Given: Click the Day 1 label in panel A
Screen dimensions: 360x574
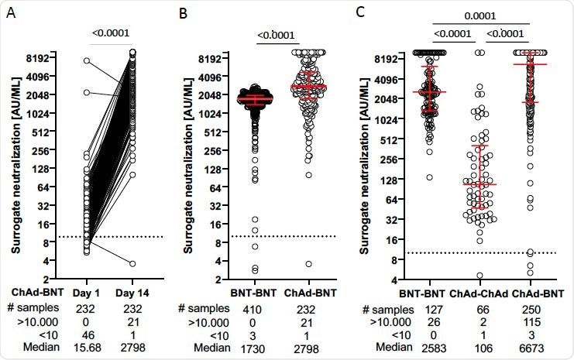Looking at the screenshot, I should (84, 295).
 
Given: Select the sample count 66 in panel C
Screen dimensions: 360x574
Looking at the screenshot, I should (464, 309).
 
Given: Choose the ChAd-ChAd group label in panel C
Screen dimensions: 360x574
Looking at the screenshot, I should (464, 294).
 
